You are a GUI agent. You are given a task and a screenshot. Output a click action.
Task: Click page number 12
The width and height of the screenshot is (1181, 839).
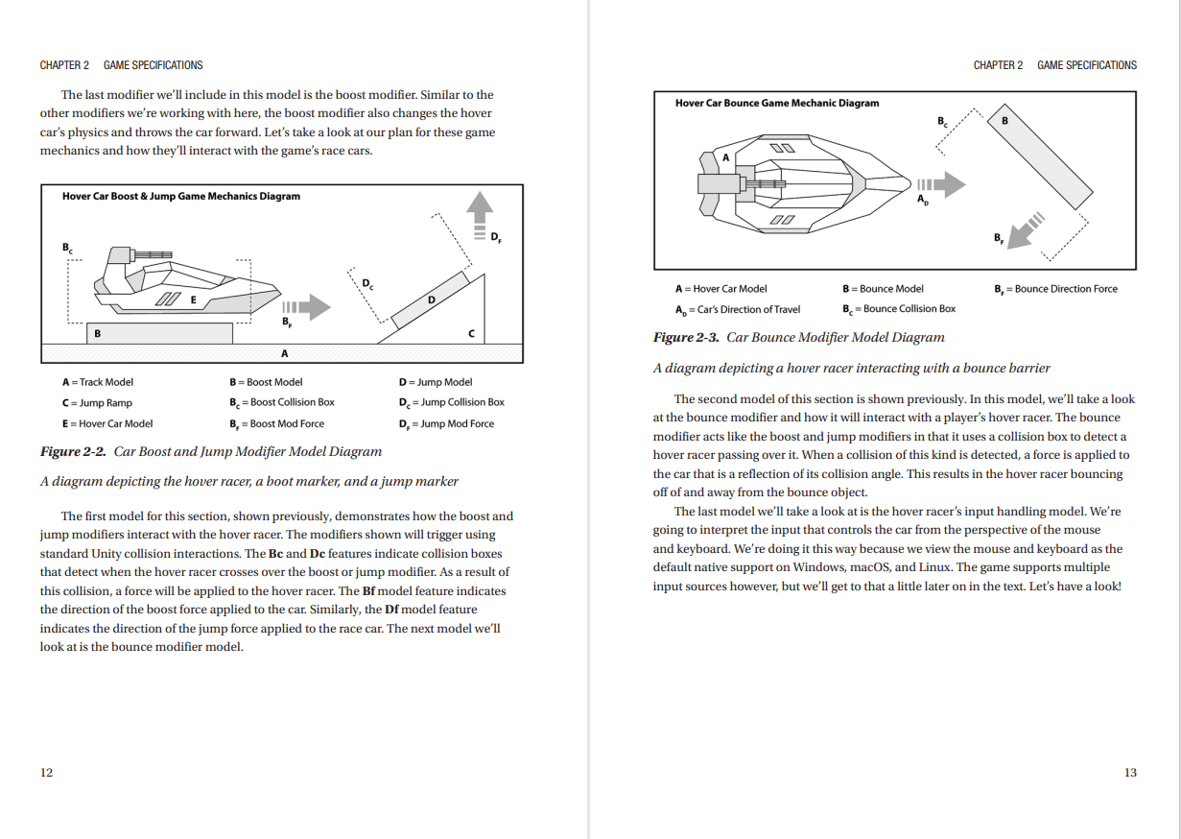click(46, 772)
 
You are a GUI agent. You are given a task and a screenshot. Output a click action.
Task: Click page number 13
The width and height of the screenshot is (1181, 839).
click(1129, 772)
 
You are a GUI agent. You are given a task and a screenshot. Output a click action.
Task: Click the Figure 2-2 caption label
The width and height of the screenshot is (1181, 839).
click(73, 451)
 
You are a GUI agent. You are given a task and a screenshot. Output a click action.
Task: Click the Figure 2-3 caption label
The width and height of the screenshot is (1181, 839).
click(686, 337)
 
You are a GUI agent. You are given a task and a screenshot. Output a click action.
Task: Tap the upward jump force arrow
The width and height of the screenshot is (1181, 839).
click(479, 216)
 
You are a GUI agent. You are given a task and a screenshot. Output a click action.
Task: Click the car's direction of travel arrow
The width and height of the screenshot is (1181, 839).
click(938, 184)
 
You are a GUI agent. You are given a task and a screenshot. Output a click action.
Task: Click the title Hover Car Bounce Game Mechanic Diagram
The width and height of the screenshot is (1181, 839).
click(776, 103)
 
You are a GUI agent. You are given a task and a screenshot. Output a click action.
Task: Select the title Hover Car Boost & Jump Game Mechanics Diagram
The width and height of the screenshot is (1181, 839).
click(181, 196)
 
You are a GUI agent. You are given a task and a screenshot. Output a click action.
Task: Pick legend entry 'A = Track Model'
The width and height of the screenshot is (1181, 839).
click(98, 382)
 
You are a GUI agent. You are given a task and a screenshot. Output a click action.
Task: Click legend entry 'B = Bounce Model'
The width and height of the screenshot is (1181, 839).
click(883, 288)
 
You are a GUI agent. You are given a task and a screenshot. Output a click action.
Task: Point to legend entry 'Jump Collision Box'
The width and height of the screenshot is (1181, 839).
click(451, 402)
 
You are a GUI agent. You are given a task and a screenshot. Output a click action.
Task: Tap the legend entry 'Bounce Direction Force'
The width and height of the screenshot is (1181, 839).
click(1055, 288)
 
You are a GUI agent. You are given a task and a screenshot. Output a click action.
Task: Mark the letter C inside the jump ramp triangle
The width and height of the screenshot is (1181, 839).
click(470, 333)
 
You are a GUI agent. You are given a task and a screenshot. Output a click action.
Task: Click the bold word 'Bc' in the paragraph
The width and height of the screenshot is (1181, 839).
click(274, 554)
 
